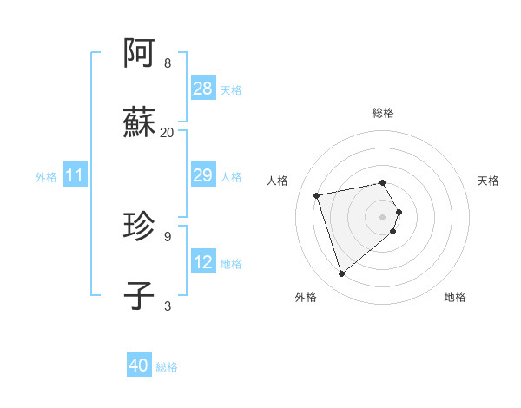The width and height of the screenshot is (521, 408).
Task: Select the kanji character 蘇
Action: (140, 122)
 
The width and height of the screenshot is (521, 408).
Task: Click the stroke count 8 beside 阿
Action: (168, 63)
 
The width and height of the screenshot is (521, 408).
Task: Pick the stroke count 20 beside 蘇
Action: (168, 132)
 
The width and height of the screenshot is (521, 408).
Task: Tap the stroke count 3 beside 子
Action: (168, 306)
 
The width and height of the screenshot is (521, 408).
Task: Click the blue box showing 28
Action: (202, 89)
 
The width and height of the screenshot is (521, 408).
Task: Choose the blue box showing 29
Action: (202, 175)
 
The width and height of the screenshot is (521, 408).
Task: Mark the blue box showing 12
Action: (202, 262)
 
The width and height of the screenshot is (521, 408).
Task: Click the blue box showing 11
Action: (75, 175)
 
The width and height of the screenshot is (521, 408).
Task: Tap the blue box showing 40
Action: (139, 366)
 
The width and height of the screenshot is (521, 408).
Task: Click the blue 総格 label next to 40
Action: (167, 367)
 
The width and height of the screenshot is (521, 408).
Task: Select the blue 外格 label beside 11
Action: (46, 176)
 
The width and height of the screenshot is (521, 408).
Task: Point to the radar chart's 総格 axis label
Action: (383, 113)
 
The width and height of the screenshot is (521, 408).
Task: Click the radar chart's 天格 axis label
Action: (488, 181)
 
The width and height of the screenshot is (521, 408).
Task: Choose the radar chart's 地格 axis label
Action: (455, 297)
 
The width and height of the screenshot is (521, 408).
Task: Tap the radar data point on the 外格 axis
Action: (342, 274)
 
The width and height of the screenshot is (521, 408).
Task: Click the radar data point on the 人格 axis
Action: (317, 194)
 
